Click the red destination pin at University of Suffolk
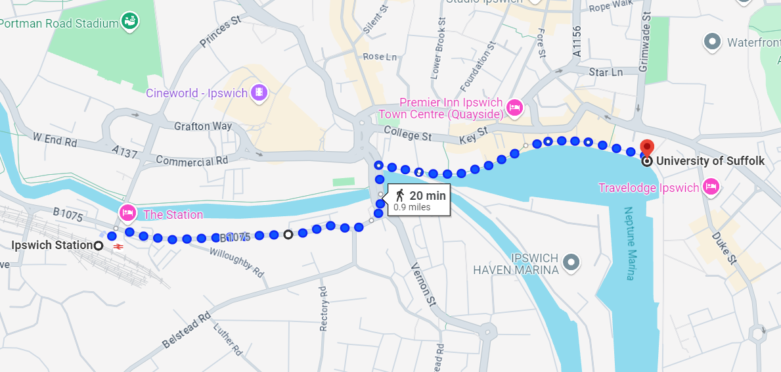pyautogui.click(x=648, y=147)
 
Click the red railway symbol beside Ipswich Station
pyautogui.click(x=119, y=246)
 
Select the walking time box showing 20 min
pyautogui.click(x=420, y=200)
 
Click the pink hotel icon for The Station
pyautogui.click(x=127, y=213)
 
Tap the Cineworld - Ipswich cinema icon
pyautogui.click(x=259, y=92)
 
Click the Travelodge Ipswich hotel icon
pyautogui.click(x=710, y=188)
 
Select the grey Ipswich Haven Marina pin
pyautogui.click(x=571, y=262)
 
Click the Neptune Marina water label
pyautogui.click(x=629, y=243)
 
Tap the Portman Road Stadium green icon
pyautogui.click(x=130, y=22)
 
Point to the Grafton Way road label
pyautogui.click(x=203, y=126)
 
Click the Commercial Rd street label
pyautogui.click(x=192, y=160)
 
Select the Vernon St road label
pyautogui.click(x=424, y=283)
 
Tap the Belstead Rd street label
pyautogui.click(x=187, y=331)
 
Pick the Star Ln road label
pyautogui.click(x=606, y=72)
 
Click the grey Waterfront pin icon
pyautogui.click(x=712, y=43)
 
